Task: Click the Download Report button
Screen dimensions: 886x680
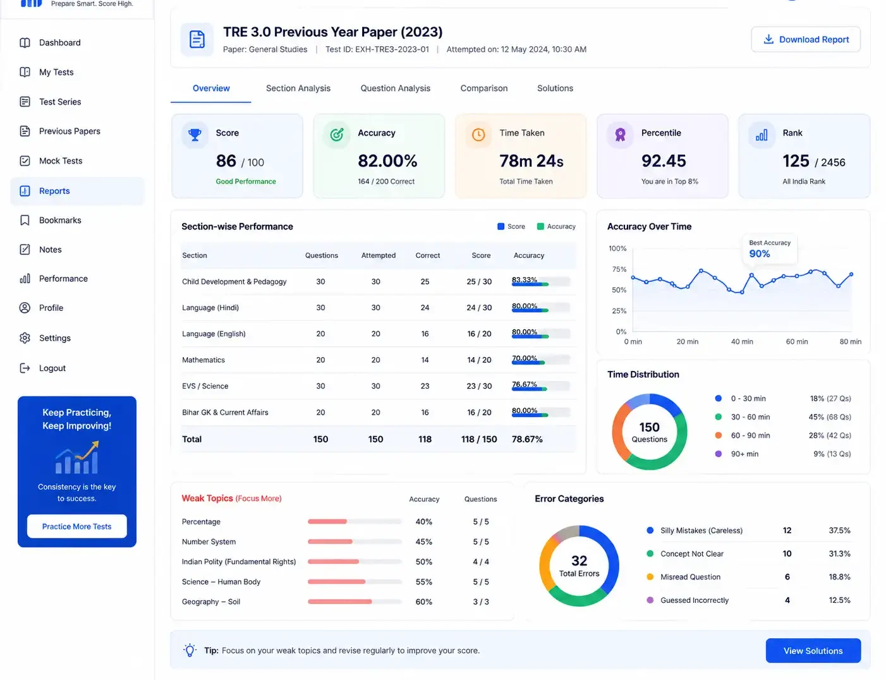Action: (x=805, y=40)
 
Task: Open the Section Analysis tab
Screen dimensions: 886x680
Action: (x=298, y=88)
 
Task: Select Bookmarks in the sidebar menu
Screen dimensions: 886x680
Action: (x=60, y=220)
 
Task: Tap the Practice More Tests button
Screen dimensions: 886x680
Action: (x=76, y=526)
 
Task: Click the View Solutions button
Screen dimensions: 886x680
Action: (x=813, y=651)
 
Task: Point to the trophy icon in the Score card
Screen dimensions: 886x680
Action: (x=195, y=134)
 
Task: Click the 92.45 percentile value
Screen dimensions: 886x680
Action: (x=664, y=161)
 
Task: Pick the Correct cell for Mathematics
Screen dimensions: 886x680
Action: (x=425, y=360)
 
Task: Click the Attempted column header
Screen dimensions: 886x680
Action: (x=379, y=255)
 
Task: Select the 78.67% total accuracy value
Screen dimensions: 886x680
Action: (x=527, y=439)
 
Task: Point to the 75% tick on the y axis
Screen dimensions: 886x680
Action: (x=619, y=269)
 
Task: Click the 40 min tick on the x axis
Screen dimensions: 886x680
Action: (x=742, y=342)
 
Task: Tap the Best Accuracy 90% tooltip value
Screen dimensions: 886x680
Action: (x=759, y=253)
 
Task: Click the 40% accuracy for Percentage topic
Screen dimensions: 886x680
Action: (x=423, y=522)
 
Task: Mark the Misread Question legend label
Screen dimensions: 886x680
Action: (x=690, y=577)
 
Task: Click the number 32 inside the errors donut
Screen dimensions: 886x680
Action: (x=579, y=561)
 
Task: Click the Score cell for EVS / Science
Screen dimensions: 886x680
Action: (x=479, y=386)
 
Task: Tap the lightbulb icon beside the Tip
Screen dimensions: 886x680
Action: (x=190, y=650)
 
